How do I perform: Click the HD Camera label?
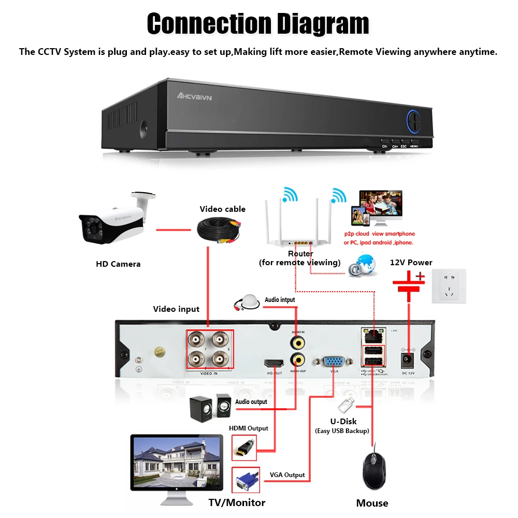click(x=118, y=264)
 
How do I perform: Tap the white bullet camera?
click(x=111, y=220)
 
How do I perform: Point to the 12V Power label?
click(x=411, y=263)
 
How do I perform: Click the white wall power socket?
click(x=449, y=286)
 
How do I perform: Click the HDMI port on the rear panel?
click(x=274, y=363)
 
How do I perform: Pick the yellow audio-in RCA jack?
click(x=297, y=342)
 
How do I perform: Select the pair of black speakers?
click(x=210, y=407)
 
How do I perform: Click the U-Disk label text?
click(x=343, y=421)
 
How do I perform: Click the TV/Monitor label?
click(x=237, y=502)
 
